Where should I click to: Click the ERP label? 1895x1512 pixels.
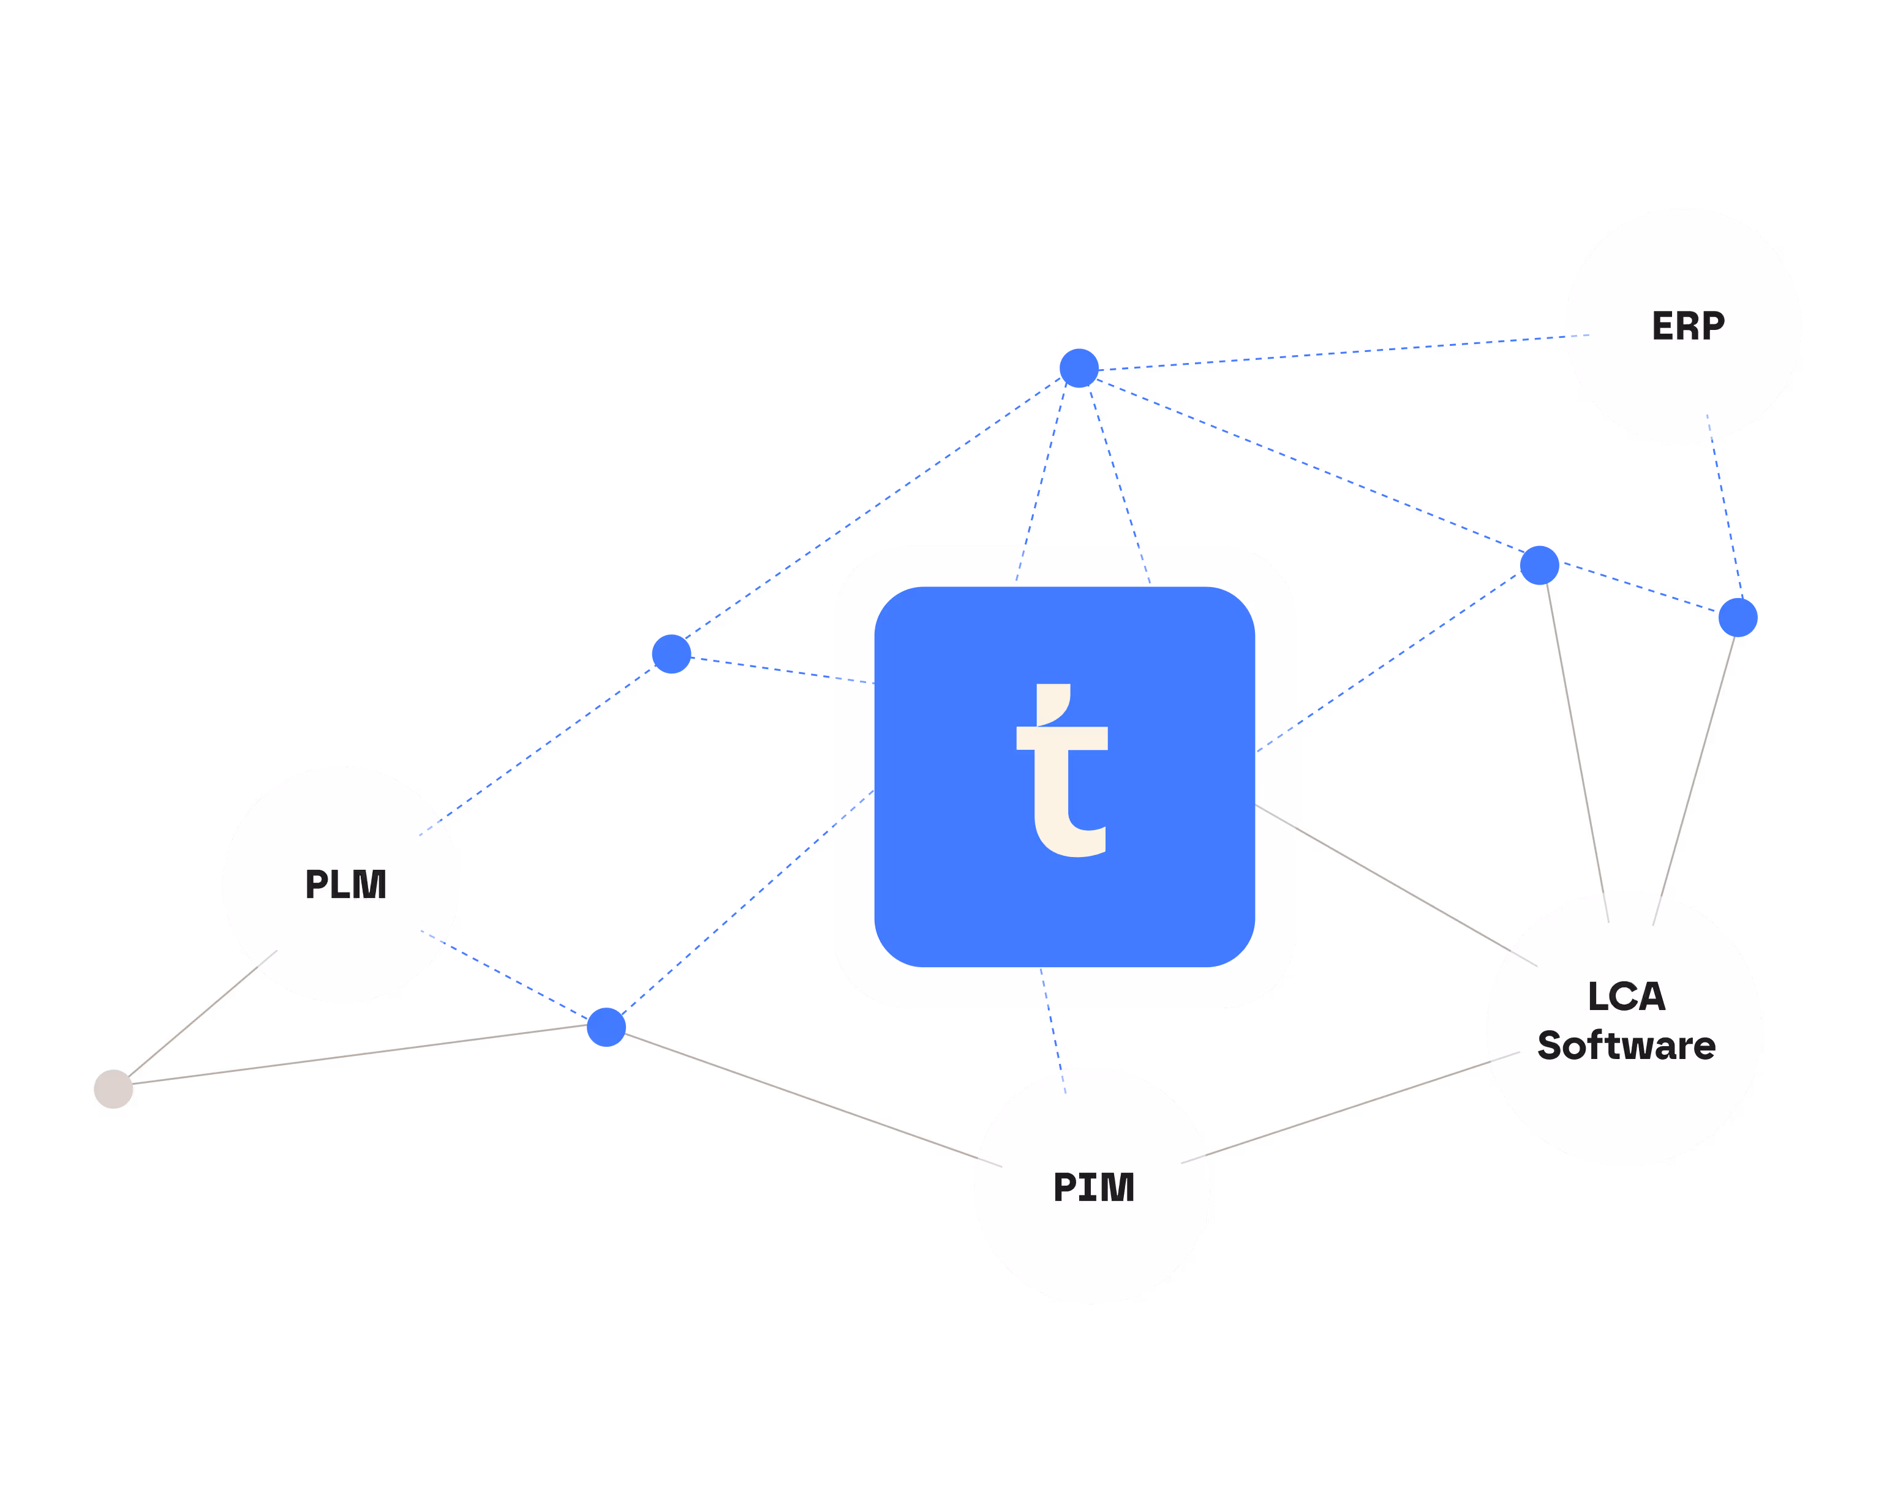1687,326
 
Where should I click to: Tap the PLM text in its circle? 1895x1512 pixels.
345,884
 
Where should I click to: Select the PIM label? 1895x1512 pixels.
1093,1187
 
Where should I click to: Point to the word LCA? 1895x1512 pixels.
1626,997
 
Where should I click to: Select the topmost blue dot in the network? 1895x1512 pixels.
1079,367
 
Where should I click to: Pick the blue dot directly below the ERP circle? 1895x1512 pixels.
1738,617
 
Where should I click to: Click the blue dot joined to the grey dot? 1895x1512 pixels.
606,1027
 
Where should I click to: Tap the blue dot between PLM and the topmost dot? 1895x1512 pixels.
671,654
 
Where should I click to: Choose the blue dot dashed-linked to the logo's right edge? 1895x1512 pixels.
1539,565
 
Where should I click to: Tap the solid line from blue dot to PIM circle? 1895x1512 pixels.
808,1099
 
